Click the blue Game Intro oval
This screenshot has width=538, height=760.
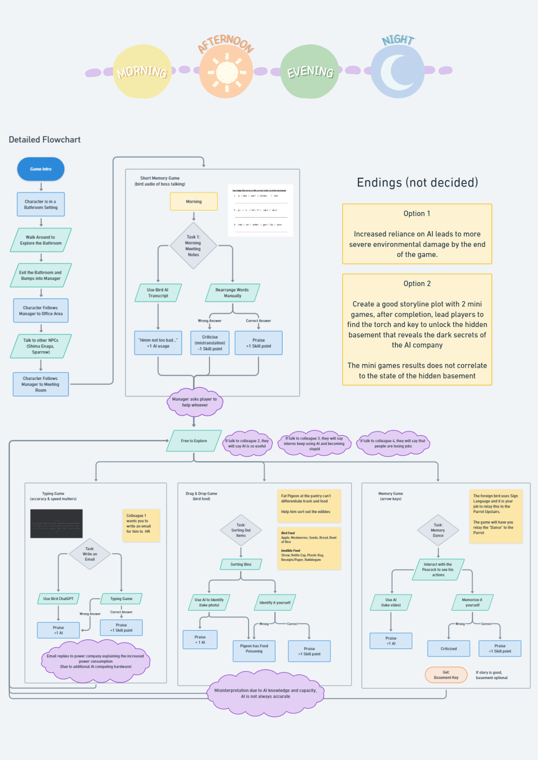41,169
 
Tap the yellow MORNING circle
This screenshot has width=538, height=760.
142,71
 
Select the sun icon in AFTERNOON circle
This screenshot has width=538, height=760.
227,72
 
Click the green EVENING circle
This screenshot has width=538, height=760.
310,71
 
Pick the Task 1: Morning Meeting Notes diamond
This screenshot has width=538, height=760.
193,246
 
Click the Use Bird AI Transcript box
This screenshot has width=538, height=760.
158,293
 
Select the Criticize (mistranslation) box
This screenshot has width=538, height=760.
210,343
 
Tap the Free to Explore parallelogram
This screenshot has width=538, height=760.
194,441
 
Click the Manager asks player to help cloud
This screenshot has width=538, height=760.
194,402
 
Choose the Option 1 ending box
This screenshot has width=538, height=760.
417,234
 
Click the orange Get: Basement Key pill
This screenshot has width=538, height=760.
446,675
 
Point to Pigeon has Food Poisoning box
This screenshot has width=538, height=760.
254,651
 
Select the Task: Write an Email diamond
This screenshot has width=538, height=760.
90,554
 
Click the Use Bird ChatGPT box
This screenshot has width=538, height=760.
58,598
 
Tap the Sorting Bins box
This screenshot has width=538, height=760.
241,564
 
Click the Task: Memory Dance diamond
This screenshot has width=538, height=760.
438,530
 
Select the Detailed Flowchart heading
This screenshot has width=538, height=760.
45,139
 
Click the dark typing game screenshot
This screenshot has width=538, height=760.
56,523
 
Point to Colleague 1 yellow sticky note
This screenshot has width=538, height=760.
140,525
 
